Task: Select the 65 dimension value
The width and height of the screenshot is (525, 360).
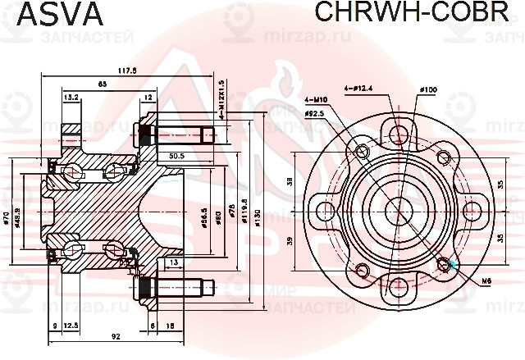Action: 102,84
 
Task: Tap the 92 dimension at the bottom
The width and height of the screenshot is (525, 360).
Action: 116,335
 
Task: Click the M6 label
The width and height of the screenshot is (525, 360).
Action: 486,281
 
